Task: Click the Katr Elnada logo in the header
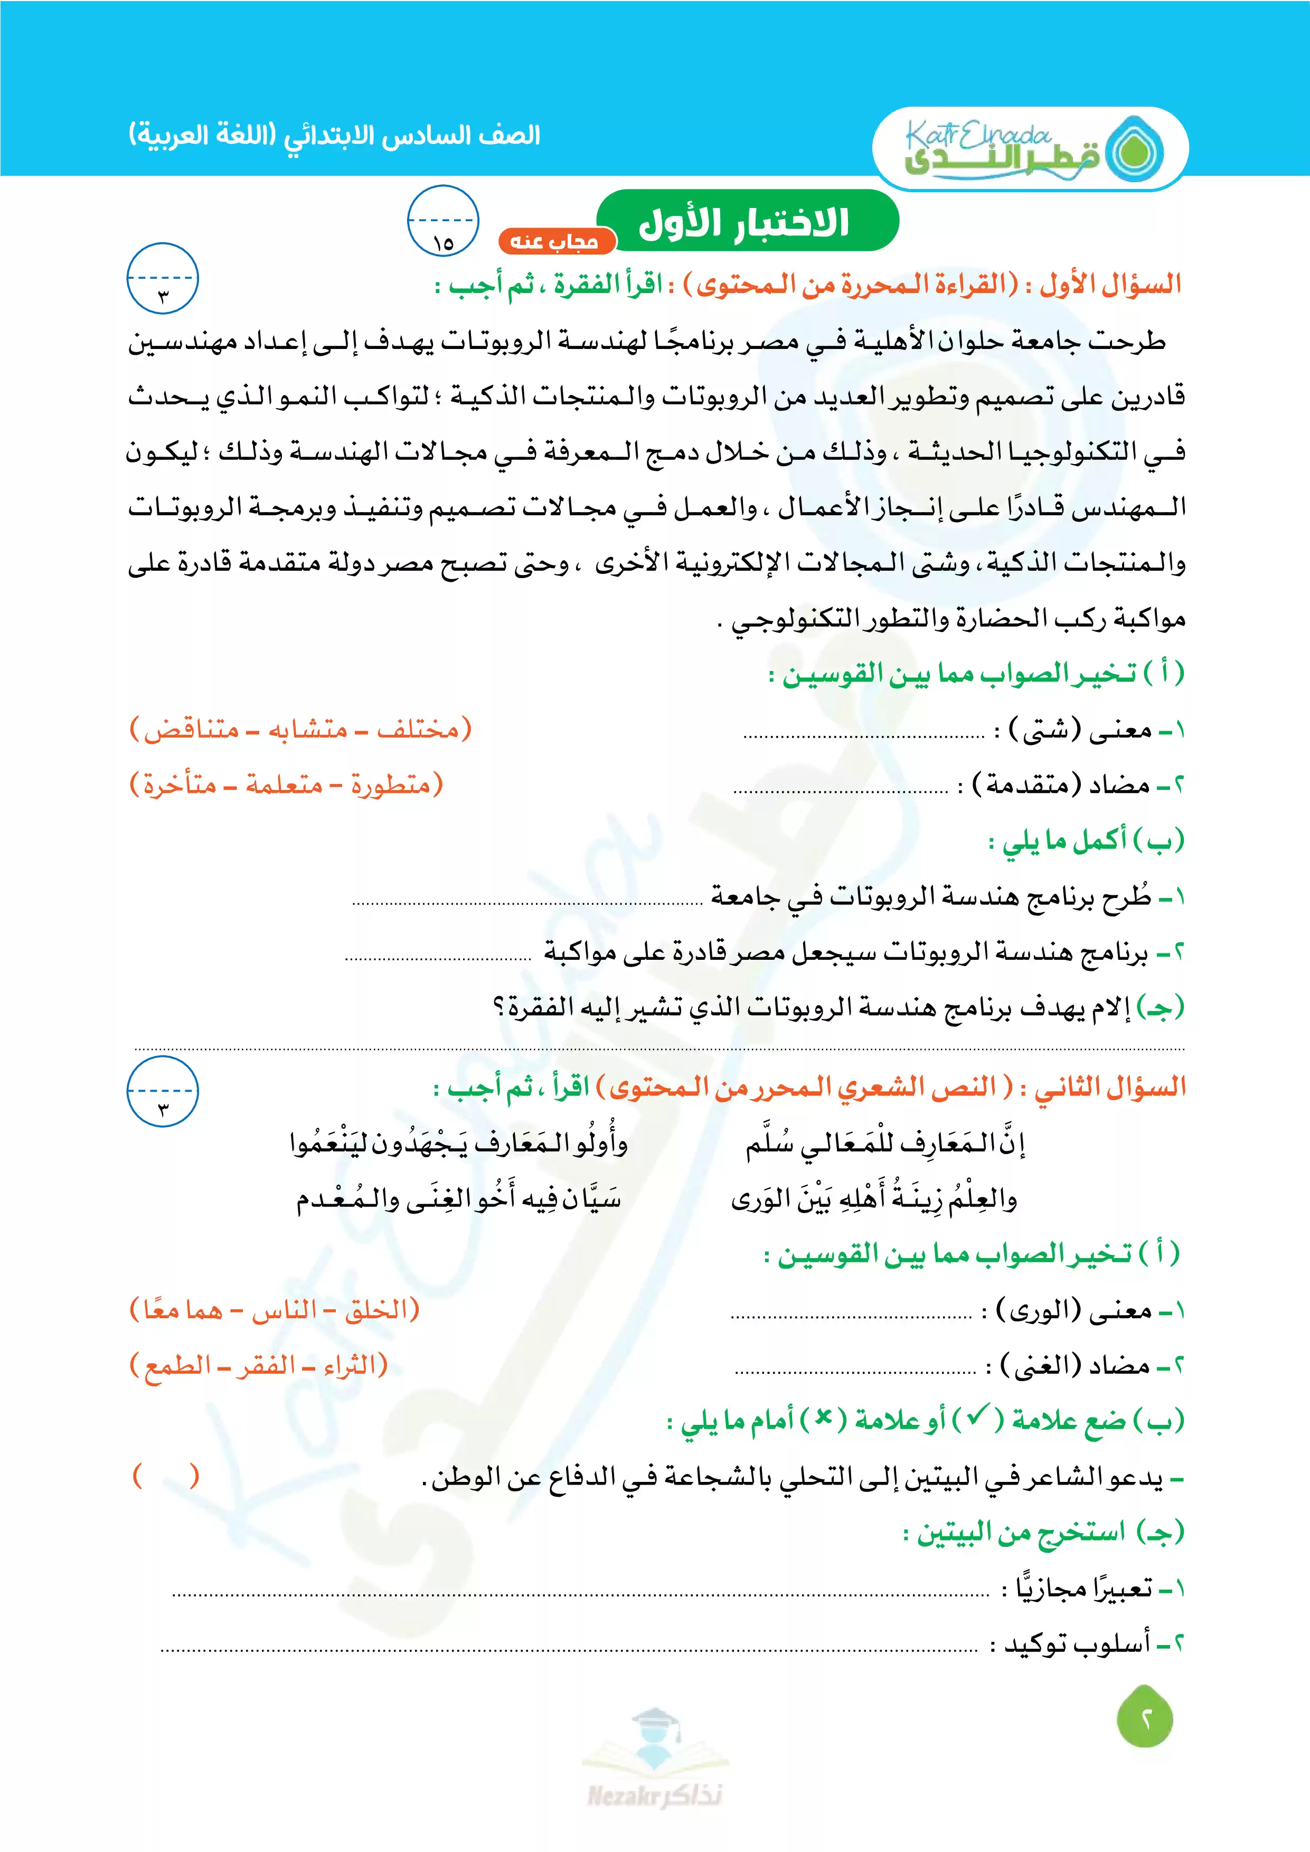1030,149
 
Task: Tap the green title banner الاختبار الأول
746,222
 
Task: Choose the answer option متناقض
191,730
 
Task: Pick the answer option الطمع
172,1366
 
